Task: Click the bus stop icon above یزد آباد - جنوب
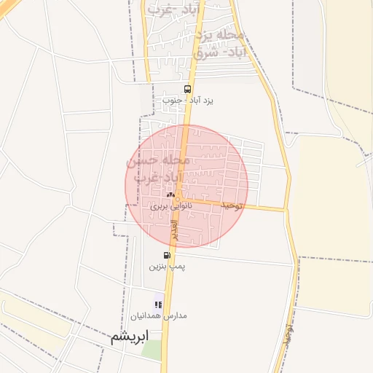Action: pos(188,89)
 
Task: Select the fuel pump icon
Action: pos(168,256)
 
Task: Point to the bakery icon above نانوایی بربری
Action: pos(170,195)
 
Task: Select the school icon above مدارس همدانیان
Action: pos(158,305)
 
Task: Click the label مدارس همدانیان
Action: pos(159,316)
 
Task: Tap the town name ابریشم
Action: pos(130,337)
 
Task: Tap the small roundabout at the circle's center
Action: pos(177,197)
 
